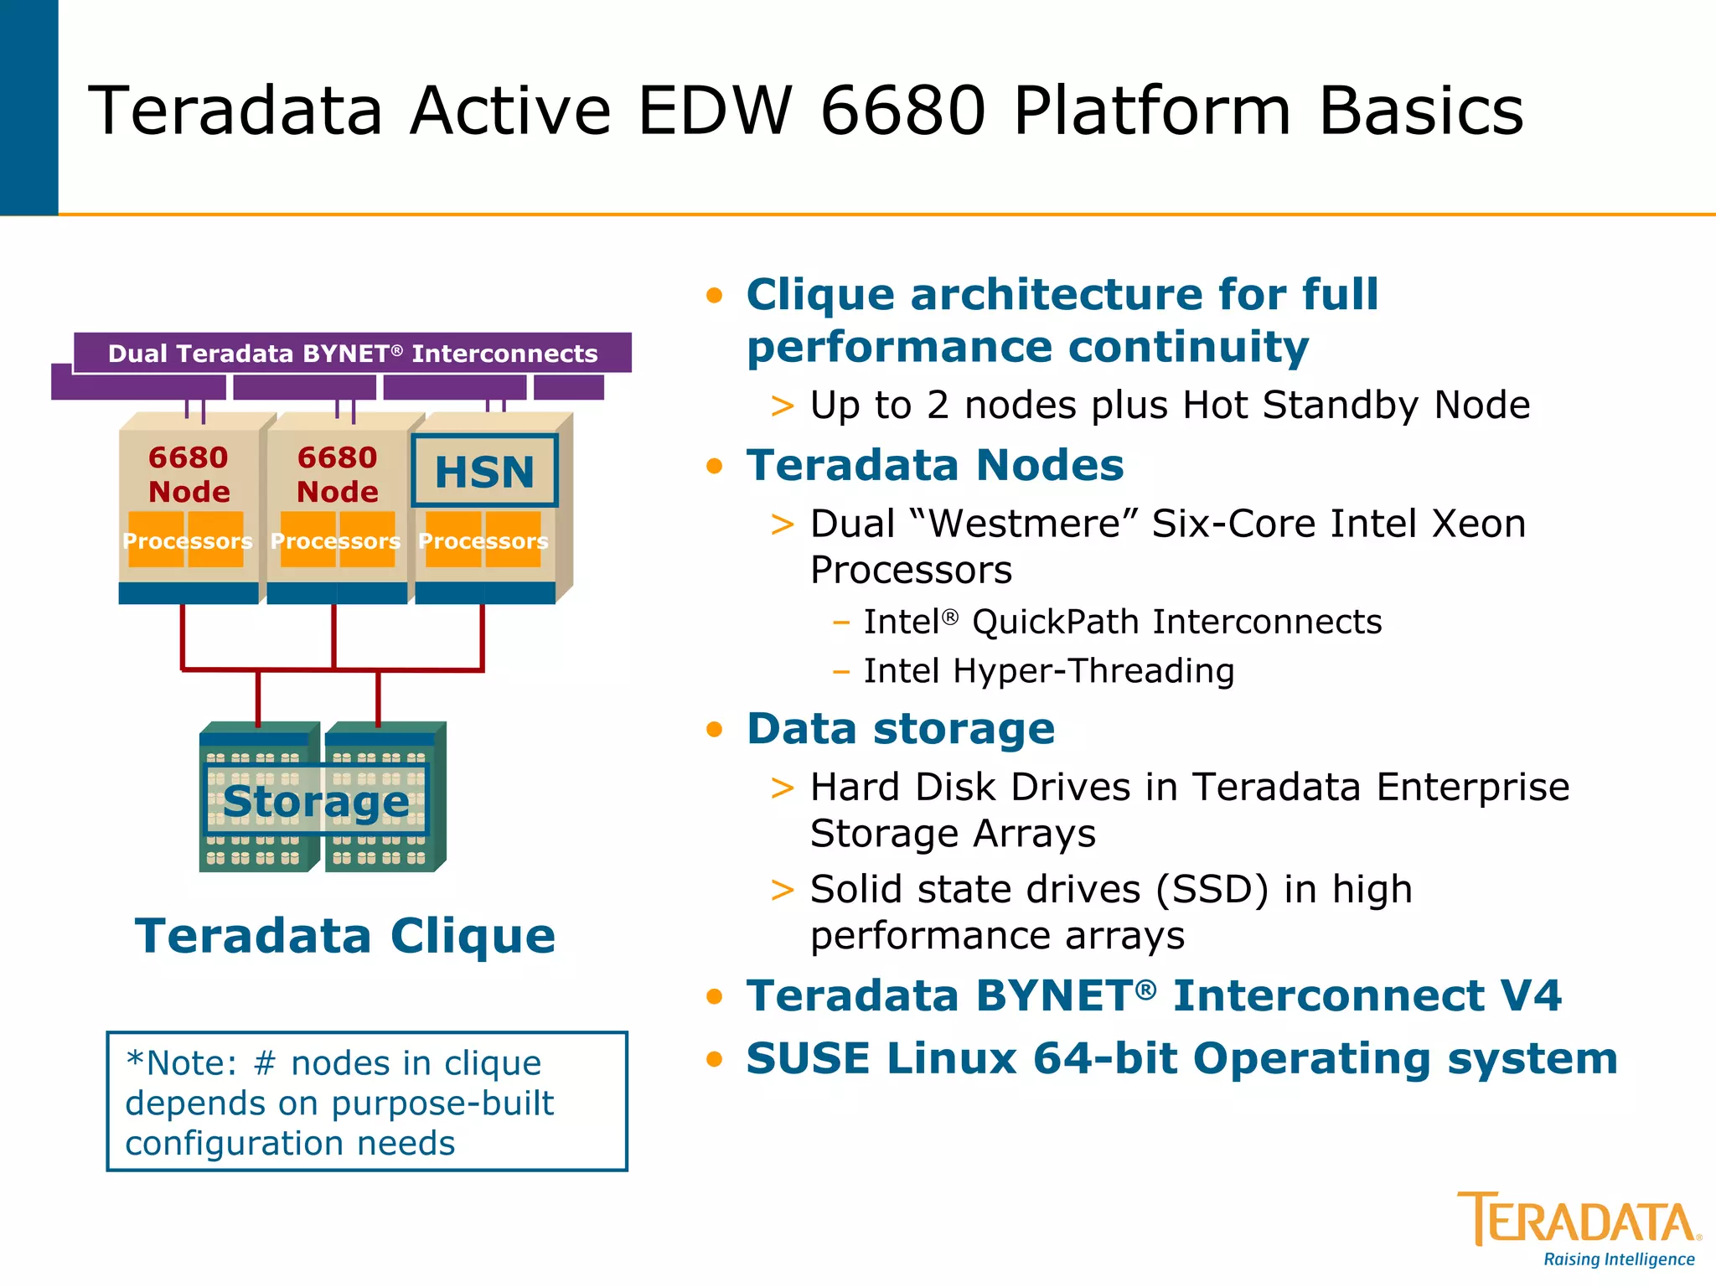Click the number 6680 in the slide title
902,111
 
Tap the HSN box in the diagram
484,471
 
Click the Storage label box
316,800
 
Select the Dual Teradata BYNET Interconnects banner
353,353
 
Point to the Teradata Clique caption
345,935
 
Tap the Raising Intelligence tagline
1618,1259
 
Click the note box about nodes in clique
367,1102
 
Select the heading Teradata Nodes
934,465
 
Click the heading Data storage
900,728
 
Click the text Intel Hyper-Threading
1048,671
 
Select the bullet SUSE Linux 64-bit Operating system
1181,1058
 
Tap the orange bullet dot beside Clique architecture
714,295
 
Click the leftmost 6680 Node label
189,474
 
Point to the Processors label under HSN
483,541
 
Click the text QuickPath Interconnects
1176,622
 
